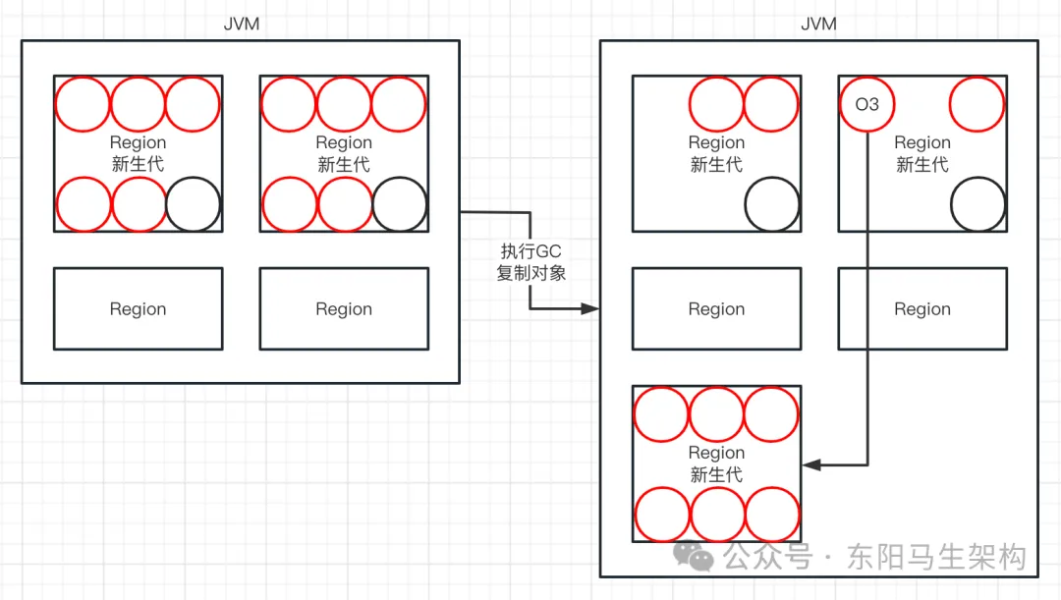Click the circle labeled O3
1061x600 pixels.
[866, 104]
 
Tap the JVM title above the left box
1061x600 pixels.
[242, 24]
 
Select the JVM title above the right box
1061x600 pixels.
[818, 24]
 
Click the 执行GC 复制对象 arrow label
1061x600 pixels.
[530, 262]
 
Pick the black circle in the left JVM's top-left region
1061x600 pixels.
[194, 204]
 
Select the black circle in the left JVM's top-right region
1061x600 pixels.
[400, 204]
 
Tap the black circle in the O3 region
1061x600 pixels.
[978, 204]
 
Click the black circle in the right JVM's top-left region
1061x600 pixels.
[772, 204]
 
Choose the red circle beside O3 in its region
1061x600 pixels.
[977, 104]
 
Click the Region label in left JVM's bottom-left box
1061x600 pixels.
[138, 309]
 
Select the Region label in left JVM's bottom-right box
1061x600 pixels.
[344, 309]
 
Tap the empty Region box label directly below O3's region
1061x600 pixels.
[922, 309]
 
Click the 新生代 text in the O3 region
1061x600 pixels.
[922, 165]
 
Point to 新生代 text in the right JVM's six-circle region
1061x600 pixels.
[716, 475]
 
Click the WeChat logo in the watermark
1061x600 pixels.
[701, 557]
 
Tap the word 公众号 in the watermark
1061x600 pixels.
[768, 558]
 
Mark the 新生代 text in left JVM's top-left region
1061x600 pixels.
[138, 165]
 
